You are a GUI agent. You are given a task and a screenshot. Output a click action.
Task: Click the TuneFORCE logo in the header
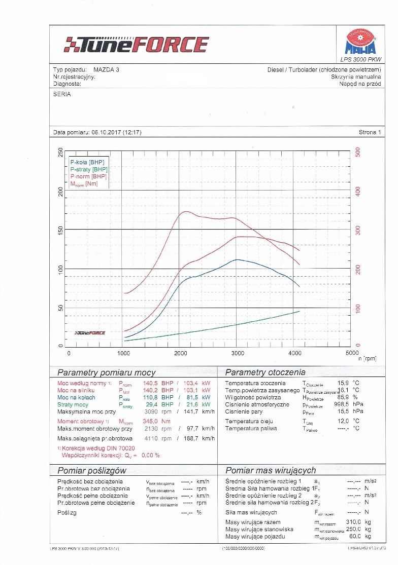point(136,44)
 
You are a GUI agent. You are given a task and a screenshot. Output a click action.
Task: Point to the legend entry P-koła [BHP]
point(87,162)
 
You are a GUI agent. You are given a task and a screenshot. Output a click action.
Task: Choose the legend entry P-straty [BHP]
point(89,169)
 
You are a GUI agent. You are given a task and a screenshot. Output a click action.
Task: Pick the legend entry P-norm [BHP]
point(88,176)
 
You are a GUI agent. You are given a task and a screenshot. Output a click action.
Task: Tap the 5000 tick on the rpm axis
point(351,353)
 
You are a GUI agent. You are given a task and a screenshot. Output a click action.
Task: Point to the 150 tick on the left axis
point(61,230)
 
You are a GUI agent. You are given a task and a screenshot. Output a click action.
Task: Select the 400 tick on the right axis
point(358,191)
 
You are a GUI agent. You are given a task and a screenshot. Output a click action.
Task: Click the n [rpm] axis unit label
point(367,359)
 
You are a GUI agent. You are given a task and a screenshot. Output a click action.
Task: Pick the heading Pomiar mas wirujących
point(271,470)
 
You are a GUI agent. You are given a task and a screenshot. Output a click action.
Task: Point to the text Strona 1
point(369,132)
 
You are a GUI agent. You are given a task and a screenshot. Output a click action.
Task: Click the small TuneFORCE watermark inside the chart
point(90,333)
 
